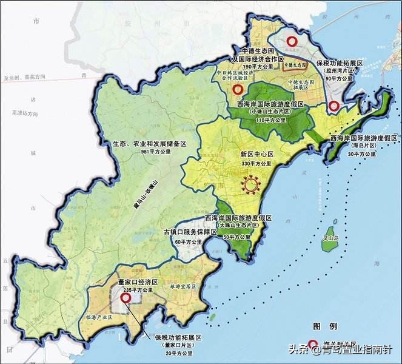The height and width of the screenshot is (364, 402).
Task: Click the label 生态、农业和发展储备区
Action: click(149, 144)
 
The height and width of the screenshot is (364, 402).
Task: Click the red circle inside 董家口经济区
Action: click(126, 298)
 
